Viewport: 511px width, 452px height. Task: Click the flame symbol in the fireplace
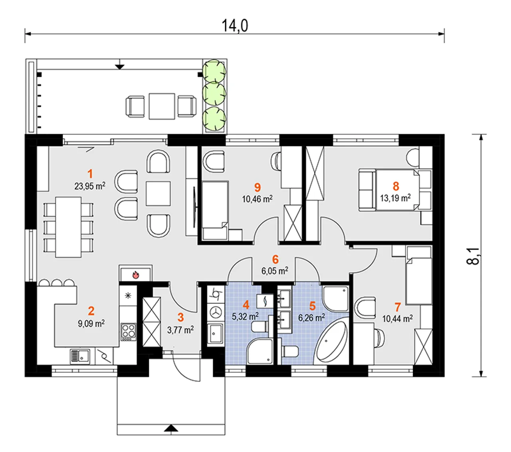click(x=136, y=274)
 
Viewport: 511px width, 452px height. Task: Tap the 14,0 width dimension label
click(x=235, y=26)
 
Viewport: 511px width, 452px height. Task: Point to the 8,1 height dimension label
click(x=473, y=256)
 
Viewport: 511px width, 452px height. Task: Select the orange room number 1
click(x=90, y=174)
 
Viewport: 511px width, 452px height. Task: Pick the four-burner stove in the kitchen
click(x=128, y=332)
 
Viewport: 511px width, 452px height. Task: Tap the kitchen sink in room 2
click(x=80, y=356)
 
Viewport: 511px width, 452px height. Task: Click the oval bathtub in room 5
click(x=331, y=341)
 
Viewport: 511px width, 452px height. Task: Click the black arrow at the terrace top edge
click(x=120, y=66)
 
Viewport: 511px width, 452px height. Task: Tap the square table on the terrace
click(x=162, y=106)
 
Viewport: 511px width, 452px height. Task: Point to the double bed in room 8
click(x=396, y=190)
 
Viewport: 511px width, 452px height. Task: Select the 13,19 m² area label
click(x=395, y=198)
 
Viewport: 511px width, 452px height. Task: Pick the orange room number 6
click(x=275, y=259)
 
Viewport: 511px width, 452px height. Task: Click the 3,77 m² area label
click(x=180, y=330)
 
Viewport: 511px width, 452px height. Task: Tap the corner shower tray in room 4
click(x=260, y=351)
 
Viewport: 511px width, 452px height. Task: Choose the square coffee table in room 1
click(x=158, y=193)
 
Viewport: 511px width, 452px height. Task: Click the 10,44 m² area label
click(x=398, y=319)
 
